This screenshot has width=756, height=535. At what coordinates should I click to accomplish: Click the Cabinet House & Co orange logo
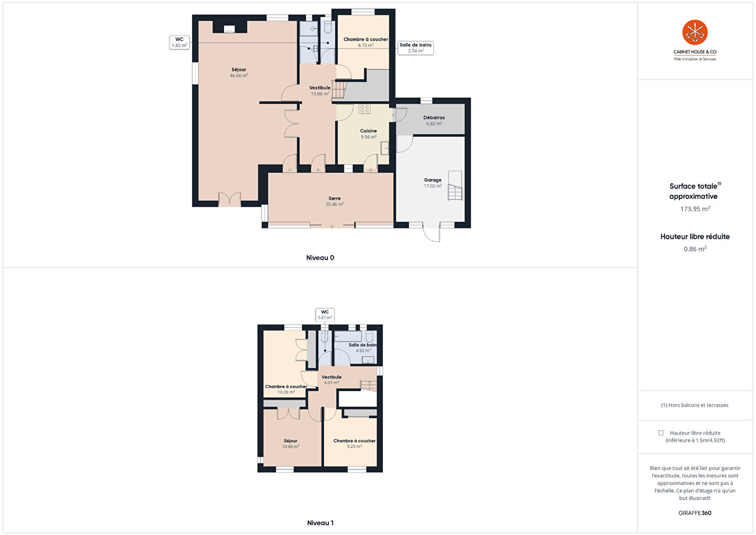(695, 32)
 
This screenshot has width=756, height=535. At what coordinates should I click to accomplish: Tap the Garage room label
(432, 180)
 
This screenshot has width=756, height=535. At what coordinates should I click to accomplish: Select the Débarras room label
(434, 118)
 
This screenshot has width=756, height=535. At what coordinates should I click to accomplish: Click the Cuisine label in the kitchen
(368, 131)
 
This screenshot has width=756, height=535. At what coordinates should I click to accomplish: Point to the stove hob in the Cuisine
(365, 109)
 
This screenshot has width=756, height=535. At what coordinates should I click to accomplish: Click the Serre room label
(334, 198)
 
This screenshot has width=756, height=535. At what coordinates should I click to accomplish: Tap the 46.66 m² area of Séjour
(239, 76)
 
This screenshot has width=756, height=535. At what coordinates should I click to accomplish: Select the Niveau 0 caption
(320, 258)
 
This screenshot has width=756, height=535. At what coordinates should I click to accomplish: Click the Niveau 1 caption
(321, 523)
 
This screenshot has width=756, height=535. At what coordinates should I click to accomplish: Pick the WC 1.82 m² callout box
(179, 43)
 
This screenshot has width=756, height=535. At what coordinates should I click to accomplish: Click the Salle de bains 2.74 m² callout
(416, 48)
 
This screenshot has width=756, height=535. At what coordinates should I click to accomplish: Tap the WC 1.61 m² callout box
(324, 315)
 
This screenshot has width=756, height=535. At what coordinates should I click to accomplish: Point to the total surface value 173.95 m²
(695, 209)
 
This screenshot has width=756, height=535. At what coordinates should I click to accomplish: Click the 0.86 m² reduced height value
(695, 249)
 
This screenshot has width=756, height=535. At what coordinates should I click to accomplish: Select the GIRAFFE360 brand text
(695, 513)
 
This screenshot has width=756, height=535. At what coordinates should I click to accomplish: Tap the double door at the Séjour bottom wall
(230, 199)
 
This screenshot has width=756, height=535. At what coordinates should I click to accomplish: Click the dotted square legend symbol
(660, 433)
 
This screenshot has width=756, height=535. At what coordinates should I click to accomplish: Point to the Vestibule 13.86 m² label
(320, 91)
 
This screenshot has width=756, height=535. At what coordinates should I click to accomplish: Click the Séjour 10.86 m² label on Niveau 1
(291, 443)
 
